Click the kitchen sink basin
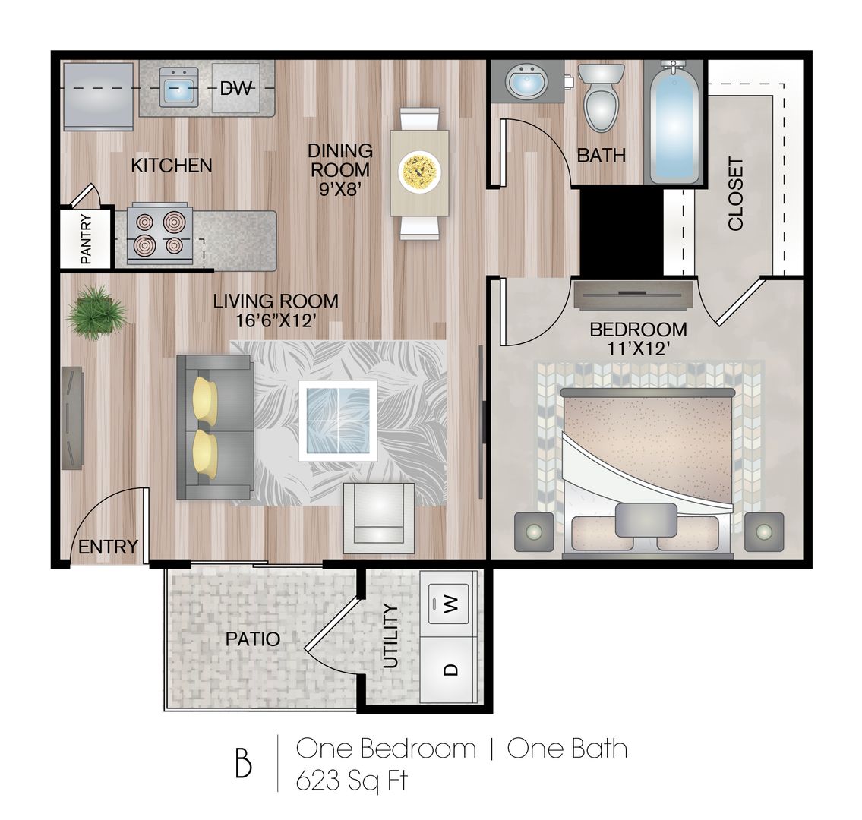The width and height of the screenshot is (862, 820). pyautogui.click(x=178, y=87)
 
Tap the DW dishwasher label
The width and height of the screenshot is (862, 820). pyautogui.click(x=236, y=88)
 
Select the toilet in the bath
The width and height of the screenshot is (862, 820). pyautogui.click(x=602, y=97)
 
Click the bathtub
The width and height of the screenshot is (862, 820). pyautogui.click(x=674, y=123)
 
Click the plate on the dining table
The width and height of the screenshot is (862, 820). pyautogui.click(x=419, y=172)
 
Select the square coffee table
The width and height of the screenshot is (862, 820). pyautogui.click(x=338, y=421)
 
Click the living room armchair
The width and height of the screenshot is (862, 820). pyautogui.click(x=379, y=519)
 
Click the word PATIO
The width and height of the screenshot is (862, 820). pyautogui.click(x=253, y=639)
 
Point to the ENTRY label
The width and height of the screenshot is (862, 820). pyautogui.click(x=109, y=547)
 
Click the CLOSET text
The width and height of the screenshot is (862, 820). pyautogui.click(x=736, y=194)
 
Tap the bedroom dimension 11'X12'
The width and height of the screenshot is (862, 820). pyautogui.click(x=638, y=348)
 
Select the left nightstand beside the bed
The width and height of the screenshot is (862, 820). pyautogui.click(x=534, y=531)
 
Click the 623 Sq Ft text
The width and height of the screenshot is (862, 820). pyautogui.click(x=352, y=781)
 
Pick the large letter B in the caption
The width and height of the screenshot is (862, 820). pyautogui.click(x=244, y=763)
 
